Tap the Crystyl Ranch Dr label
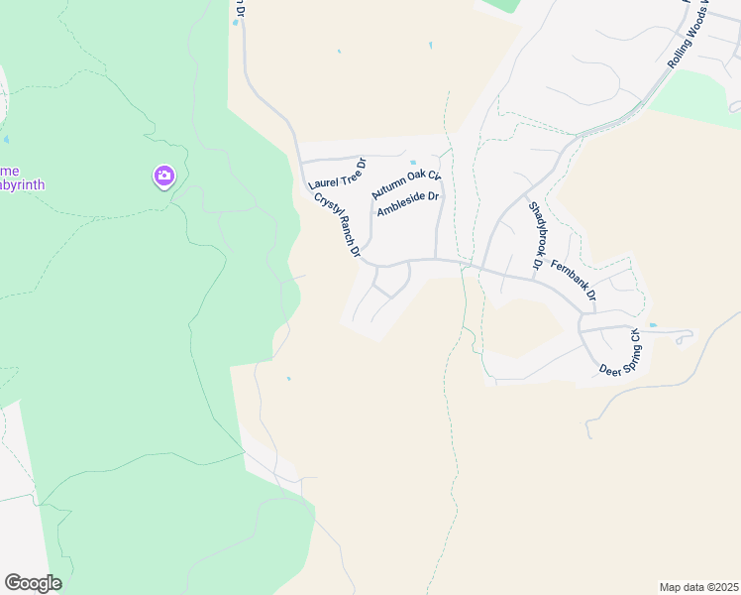click(x=337, y=224)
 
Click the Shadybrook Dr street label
click(x=536, y=236)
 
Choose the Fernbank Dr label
click(x=575, y=280)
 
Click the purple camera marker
click(x=163, y=177)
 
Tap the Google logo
click(x=33, y=582)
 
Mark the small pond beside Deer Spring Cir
click(x=652, y=325)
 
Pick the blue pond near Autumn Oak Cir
click(x=413, y=163)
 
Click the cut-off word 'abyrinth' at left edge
click(x=22, y=184)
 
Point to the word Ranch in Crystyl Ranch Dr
click(x=338, y=225)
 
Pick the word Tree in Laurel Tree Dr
click(x=342, y=171)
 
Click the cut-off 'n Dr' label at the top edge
click(x=239, y=6)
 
